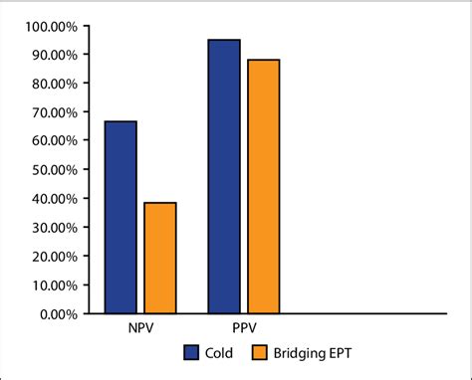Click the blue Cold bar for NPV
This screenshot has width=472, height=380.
point(119,217)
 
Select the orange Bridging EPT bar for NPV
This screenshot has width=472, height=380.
point(160,258)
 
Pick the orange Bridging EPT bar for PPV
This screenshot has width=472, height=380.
point(264,186)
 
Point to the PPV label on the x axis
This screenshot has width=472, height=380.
point(243,327)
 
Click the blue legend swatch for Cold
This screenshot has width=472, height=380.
point(191,351)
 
